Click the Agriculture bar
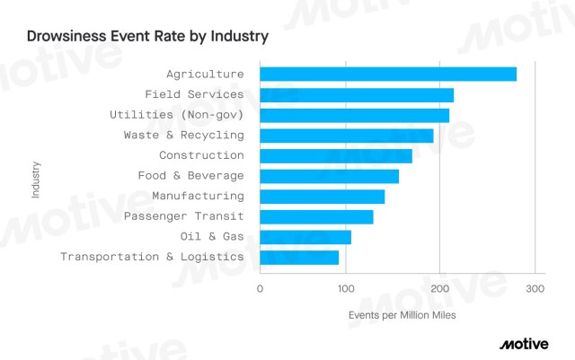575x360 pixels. [x=388, y=74]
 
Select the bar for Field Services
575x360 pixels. [x=357, y=94]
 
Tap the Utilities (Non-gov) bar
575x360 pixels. [x=354, y=115]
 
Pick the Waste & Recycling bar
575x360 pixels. [x=346, y=136]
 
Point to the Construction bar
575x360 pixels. [x=336, y=155]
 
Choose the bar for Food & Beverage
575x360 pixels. [x=329, y=176]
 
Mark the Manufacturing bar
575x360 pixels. [x=322, y=197]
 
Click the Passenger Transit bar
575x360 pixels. [x=316, y=216]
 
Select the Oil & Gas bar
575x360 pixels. [x=305, y=237]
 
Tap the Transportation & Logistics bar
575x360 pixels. [x=299, y=258]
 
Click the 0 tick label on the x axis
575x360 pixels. [x=260, y=289]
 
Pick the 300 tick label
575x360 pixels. [x=534, y=289]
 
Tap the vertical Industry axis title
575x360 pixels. [x=35, y=179]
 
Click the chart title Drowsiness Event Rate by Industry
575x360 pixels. [x=147, y=39]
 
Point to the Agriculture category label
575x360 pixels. [x=205, y=74]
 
